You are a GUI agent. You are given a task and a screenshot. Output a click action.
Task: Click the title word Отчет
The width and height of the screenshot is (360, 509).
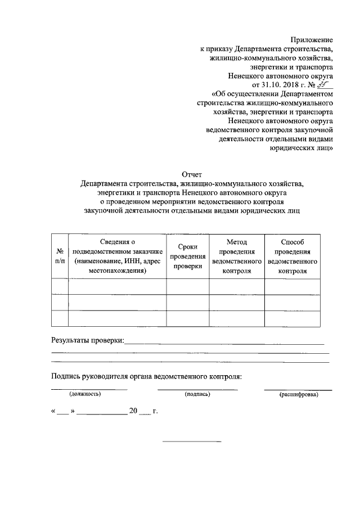click(x=191, y=174)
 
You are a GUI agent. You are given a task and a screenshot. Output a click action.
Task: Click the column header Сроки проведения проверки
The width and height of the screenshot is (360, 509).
click(x=188, y=256)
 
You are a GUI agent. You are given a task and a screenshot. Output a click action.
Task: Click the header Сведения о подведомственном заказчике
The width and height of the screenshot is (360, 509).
click(x=118, y=256)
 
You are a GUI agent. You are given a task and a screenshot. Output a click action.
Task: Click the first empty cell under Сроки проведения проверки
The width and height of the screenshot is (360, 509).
click(x=188, y=286)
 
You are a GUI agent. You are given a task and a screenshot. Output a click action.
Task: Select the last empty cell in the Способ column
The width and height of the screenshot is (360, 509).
click(x=292, y=318)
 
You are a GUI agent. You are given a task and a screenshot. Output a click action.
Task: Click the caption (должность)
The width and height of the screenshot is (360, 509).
click(x=85, y=395)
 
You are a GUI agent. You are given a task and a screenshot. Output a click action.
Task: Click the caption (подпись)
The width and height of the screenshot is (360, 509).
click(x=197, y=395)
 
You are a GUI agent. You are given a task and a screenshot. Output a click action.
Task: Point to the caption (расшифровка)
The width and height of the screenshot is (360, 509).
click(x=298, y=395)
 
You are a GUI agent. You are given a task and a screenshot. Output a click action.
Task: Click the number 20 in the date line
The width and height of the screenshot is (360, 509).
click(x=133, y=411)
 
